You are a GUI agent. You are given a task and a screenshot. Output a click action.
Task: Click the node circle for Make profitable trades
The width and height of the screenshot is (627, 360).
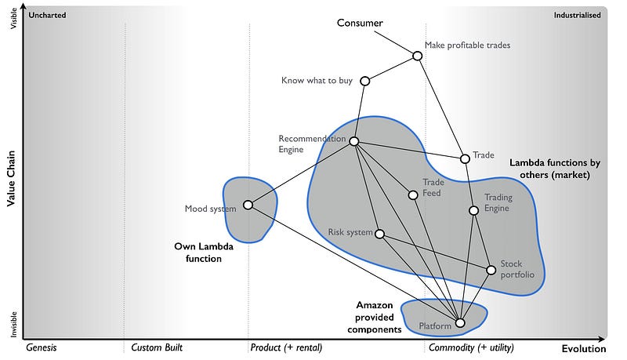click(x=418, y=56)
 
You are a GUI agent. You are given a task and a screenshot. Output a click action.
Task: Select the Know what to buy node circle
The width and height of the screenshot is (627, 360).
click(x=364, y=81)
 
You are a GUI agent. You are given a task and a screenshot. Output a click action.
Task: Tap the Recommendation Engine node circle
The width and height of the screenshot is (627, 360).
click(x=353, y=141)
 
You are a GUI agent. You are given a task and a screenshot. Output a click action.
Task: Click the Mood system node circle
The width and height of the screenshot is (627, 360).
click(x=248, y=205)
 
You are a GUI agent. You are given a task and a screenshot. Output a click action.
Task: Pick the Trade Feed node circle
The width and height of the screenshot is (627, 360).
click(x=412, y=195)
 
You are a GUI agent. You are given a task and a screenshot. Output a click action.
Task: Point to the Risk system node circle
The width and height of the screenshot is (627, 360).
click(x=379, y=234)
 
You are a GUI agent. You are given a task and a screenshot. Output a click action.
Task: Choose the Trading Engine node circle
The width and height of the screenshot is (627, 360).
click(x=473, y=210)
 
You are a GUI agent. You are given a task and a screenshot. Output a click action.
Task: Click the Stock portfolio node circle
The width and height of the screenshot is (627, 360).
click(x=491, y=270)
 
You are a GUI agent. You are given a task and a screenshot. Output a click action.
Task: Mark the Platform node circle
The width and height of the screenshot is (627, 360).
click(x=460, y=322)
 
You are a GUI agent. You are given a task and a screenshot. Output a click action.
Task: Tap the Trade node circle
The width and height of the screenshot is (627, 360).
click(x=465, y=158)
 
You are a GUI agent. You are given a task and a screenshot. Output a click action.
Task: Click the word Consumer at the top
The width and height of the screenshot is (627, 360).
click(x=360, y=23)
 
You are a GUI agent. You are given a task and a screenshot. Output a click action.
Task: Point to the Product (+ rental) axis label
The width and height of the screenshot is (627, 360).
click(x=286, y=347)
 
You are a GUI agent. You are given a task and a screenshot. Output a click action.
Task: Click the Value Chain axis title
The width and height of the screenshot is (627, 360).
click(x=12, y=180)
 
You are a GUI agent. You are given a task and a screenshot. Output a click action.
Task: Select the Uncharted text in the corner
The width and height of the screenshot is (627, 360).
click(x=47, y=15)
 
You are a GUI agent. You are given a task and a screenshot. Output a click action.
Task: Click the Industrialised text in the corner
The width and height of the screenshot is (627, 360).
click(x=577, y=15)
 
